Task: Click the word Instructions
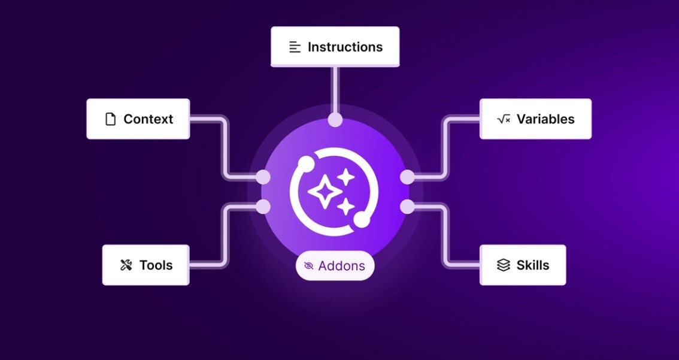click(345, 47)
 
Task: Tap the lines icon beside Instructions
click(295, 47)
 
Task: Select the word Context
click(148, 119)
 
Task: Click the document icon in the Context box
click(111, 119)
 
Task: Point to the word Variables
click(545, 119)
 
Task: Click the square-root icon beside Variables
click(504, 119)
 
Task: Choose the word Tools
click(156, 265)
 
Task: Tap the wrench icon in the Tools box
click(126, 265)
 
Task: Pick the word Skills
click(533, 265)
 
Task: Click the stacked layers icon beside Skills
click(503, 265)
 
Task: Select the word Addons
click(342, 265)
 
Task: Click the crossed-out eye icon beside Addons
click(309, 265)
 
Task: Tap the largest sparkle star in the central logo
click(325, 190)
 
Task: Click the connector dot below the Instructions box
click(335, 120)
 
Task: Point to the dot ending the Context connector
click(263, 177)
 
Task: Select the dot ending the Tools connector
click(263, 207)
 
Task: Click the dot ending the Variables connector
click(407, 177)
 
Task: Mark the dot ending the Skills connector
click(407, 207)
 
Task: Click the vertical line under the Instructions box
click(335, 90)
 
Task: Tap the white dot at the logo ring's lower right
click(362, 220)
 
